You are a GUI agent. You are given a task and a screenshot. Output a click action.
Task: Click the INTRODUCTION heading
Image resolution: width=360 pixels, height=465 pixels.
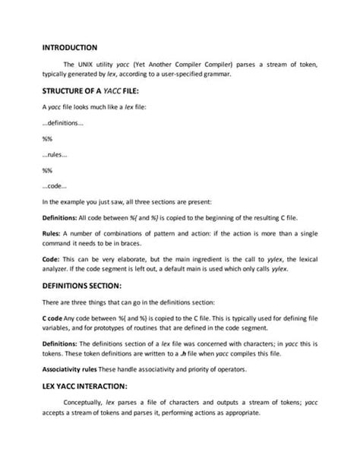pyautogui.click(x=69, y=47)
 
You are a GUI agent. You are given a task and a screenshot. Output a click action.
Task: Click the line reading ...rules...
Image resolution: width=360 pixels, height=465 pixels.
pyautogui.click(x=55, y=154)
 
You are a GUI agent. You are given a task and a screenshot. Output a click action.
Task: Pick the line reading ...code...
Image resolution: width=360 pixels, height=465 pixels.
pyautogui.click(x=55, y=185)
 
